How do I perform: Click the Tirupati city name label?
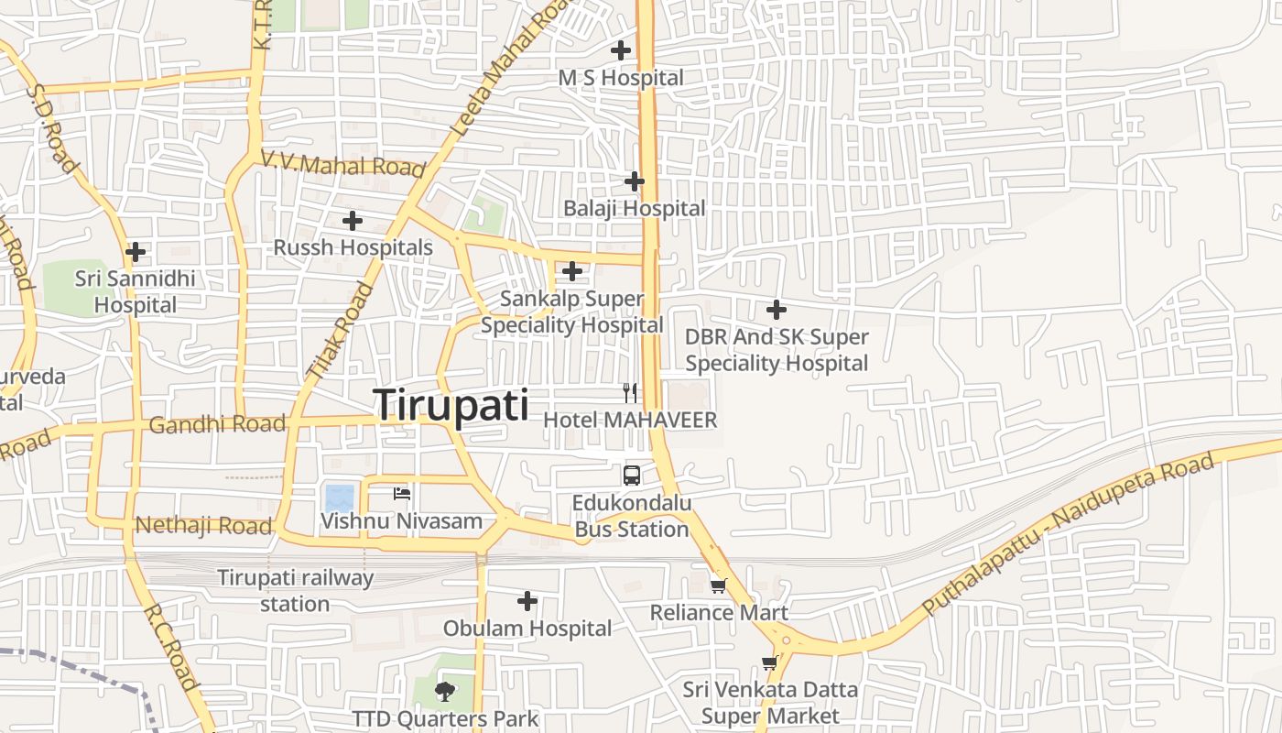(x=451, y=405)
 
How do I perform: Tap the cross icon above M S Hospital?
(x=621, y=50)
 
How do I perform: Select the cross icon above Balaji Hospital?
(x=634, y=181)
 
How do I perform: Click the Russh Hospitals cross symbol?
(x=353, y=220)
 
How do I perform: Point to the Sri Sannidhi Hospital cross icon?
(x=136, y=251)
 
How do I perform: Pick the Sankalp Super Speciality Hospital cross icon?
(x=572, y=271)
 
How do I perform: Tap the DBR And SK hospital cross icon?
(x=777, y=310)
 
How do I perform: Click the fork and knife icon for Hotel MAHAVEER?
(x=630, y=393)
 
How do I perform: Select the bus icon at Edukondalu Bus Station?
(x=632, y=475)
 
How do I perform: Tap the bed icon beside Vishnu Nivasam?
(x=401, y=494)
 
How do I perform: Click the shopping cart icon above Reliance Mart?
(x=719, y=585)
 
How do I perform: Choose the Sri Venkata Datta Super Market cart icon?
(x=769, y=662)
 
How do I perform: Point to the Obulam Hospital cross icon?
(x=527, y=601)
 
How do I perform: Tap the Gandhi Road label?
(x=217, y=424)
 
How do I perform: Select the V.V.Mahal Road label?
(x=343, y=163)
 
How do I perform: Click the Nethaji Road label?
(x=203, y=525)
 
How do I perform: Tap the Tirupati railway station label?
(x=295, y=591)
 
